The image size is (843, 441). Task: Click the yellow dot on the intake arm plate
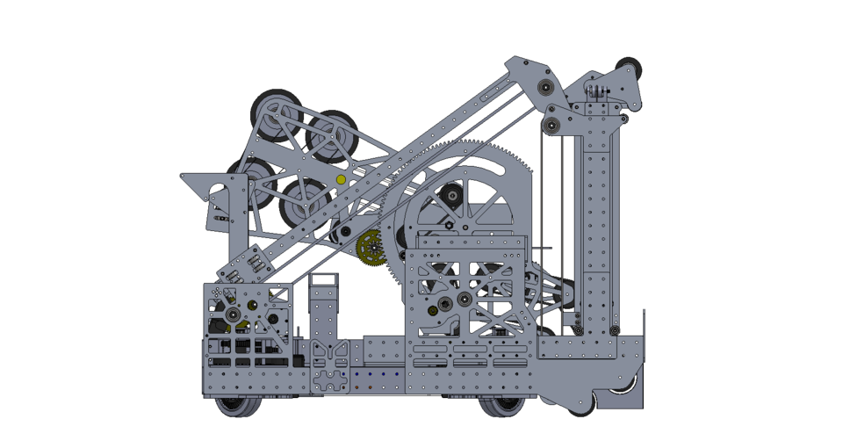[341, 179]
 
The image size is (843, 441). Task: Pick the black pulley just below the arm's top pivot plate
[551, 124]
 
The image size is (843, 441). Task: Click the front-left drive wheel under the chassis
[234, 404]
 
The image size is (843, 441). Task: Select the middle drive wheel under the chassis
[502, 406]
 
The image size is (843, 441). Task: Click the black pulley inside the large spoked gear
[451, 197]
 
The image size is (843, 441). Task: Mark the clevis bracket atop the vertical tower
[598, 91]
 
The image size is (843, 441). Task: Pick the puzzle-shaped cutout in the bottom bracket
[333, 382]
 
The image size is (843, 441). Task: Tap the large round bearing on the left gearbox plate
[233, 314]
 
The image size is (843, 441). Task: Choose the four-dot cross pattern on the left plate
[217, 292]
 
